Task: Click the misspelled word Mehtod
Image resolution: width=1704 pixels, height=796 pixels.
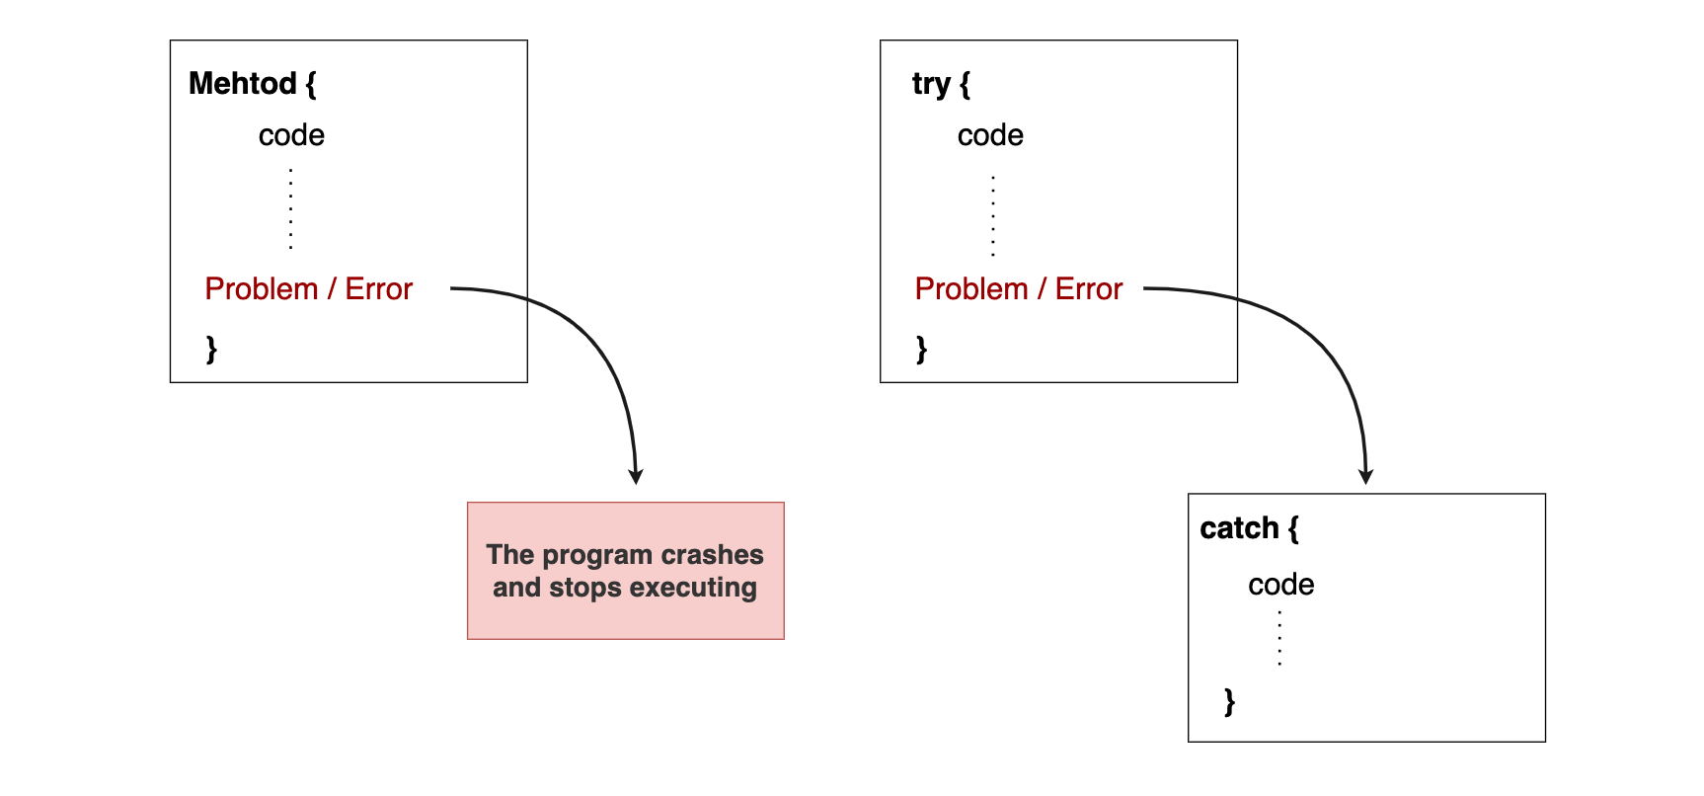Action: (x=242, y=84)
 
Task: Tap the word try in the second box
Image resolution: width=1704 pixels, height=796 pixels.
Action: (x=930, y=85)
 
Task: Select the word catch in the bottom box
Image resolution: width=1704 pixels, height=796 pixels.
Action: (x=1239, y=528)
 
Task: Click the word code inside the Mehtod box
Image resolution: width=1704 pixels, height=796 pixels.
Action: (x=291, y=135)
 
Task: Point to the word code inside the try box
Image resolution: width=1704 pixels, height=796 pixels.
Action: (x=990, y=135)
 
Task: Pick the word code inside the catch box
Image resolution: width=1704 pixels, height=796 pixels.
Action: (x=1280, y=585)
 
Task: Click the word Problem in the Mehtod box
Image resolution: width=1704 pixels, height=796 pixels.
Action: (x=262, y=289)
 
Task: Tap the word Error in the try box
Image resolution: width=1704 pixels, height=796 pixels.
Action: (x=1089, y=289)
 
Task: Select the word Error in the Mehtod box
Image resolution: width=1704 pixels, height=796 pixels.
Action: (x=378, y=289)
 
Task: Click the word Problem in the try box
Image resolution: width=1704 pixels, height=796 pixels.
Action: (x=971, y=289)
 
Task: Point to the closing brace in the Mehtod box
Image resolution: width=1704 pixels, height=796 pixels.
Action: (x=211, y=349)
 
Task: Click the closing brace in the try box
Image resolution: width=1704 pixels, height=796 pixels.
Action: (x=921, y=349)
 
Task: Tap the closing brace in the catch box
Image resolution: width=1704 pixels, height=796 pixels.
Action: (x=1229, y=701)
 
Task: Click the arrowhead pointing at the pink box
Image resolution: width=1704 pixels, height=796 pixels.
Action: (x=636, y=476)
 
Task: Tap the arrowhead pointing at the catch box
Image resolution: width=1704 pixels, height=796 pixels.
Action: (x=1366, y=476)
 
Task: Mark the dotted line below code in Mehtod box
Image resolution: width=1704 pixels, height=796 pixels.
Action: (x=291, y=209)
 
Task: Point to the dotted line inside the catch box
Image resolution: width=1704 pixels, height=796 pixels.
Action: (x=1279, y=638)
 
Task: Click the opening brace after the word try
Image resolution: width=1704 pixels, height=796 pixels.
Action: (x=965, y=84)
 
